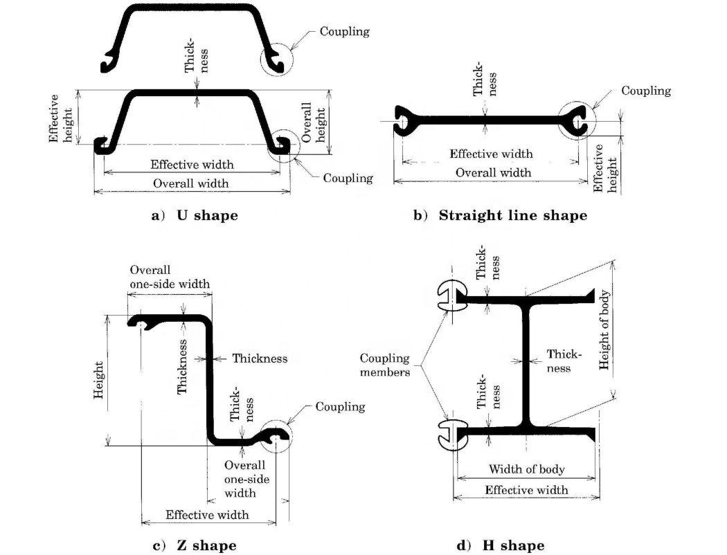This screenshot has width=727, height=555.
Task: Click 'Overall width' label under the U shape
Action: point(190,183)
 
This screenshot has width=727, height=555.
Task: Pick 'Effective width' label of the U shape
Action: point(192,165)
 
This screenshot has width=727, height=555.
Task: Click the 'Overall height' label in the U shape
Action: point(314,123)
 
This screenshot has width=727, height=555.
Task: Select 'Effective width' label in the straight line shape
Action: point(491,154)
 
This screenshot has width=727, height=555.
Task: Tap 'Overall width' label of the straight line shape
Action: point(490,172)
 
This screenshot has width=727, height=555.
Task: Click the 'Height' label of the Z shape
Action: point(99,381)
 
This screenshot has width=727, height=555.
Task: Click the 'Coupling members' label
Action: point(385,365)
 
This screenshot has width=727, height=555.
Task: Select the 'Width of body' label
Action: point(527,469)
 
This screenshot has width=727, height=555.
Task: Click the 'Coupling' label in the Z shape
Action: point(340,406)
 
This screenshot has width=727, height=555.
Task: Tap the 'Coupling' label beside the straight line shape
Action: point(646,91)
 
